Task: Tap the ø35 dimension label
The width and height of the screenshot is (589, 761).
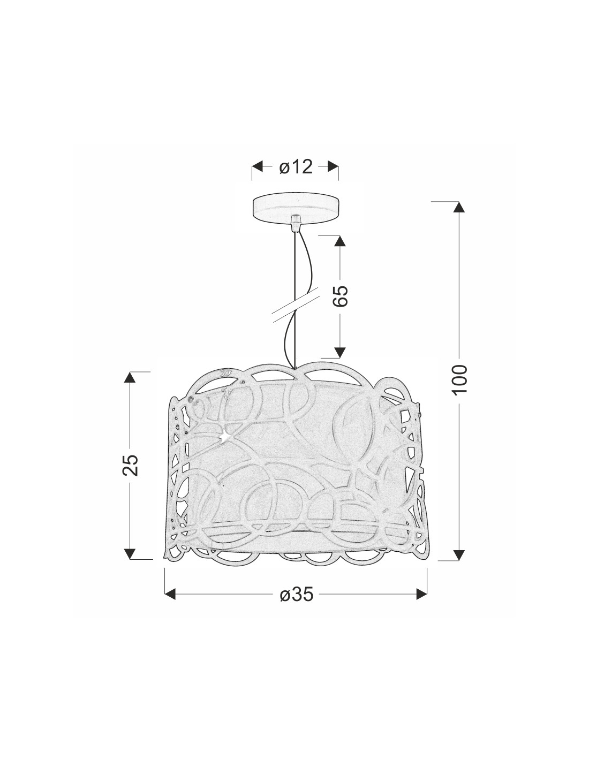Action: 296,594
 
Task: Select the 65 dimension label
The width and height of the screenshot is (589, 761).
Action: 340,295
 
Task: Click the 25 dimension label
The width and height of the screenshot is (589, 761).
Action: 130,465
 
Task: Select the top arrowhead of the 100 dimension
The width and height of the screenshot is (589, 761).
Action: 459,207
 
